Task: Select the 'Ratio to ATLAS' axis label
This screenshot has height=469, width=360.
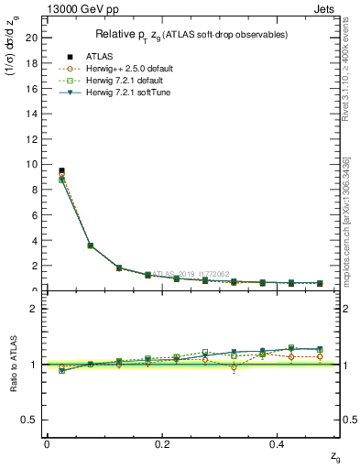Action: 14,364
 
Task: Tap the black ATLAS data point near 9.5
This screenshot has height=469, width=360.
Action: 61,170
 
